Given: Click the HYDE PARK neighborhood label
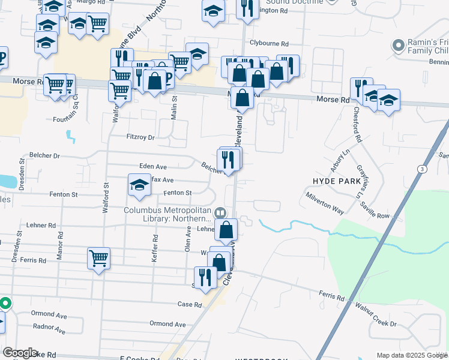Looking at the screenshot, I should (337, 181).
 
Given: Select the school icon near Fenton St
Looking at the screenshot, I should (139, 185).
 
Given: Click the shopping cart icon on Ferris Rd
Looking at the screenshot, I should (98, 259).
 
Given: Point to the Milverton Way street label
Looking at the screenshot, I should (324, 204).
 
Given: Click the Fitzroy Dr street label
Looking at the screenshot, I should (140, 137).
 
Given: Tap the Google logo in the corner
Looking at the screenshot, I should (20, 353).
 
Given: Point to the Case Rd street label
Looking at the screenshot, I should (189, 305).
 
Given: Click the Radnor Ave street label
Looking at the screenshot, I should (49, 328).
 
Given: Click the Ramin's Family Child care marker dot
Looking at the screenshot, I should (397, 46).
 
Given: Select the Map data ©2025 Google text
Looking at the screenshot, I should (411, 355).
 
